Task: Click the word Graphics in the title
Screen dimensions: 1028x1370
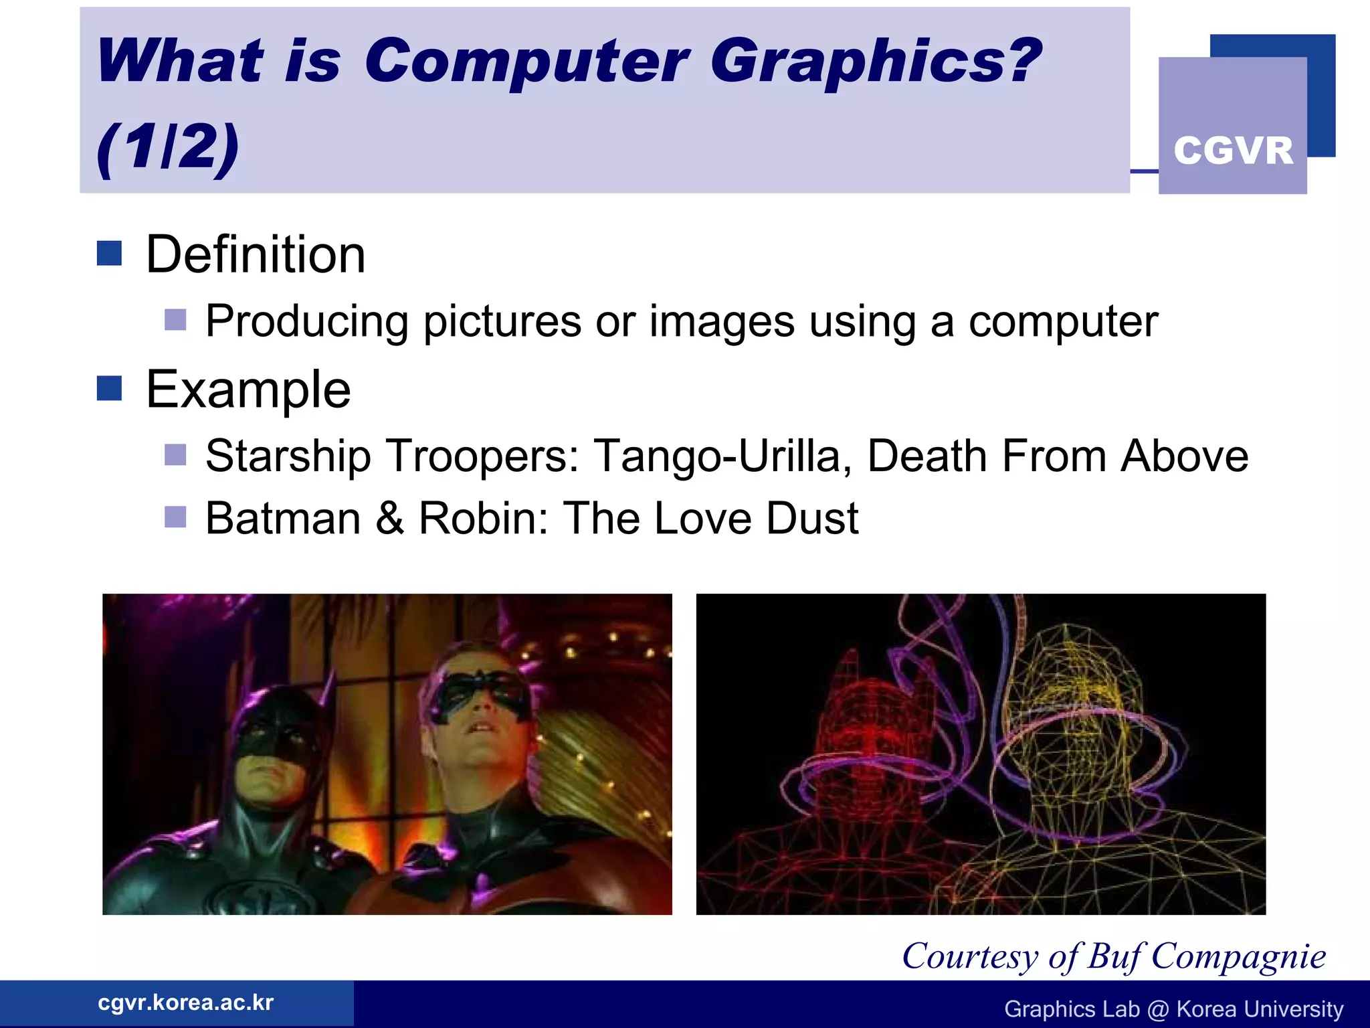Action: [x=875, y=62]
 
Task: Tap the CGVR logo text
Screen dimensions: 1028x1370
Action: [x=1233, y=151]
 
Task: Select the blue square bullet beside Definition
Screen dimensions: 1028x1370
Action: [x=109, y=254]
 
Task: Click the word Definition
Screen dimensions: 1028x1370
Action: [x=256, y=255]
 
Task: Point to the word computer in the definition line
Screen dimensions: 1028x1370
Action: [x=1063, y=322]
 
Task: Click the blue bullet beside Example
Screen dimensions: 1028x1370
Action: [x=109, y=388]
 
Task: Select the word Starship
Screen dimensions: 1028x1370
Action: [x=288, y=456]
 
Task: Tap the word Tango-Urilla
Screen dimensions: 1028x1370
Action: [x=722, y=456]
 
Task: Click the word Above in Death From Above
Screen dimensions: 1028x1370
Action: [x=1185, y=456]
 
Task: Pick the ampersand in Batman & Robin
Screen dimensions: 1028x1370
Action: [x=390, y=518]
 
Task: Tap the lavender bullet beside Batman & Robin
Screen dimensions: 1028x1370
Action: [x=175, y=517]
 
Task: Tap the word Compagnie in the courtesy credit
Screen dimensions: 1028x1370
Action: [x=1238, y=956]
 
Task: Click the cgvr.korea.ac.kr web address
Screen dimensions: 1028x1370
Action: [x=185, y=1003]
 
